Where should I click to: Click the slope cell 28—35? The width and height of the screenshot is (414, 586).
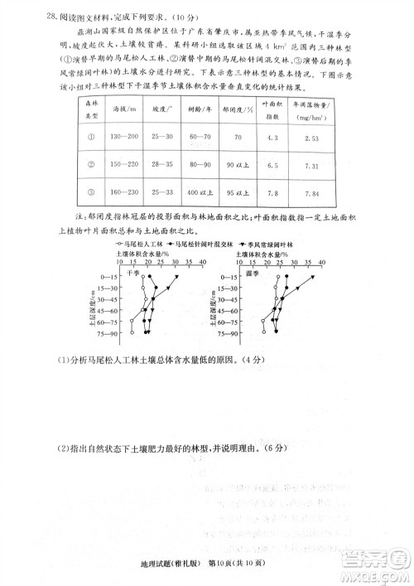pyautogui.click(x=166, y=166)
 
